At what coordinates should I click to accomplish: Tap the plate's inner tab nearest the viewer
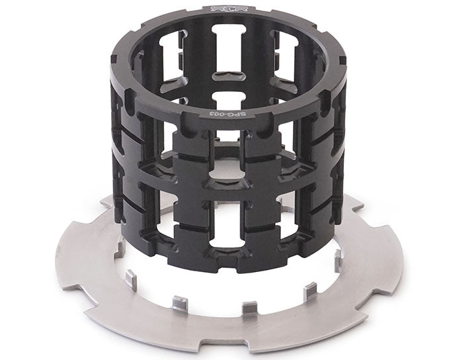249,307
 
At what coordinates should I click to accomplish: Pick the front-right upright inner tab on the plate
309,291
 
